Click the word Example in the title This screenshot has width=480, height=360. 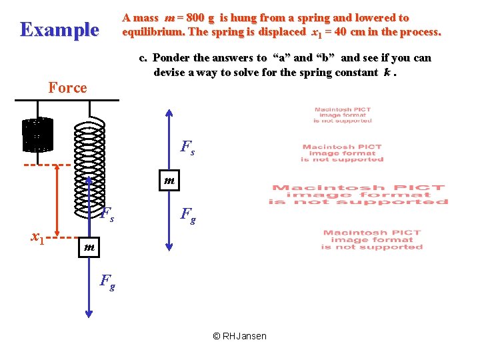pyautogui.click(x=59, y=29)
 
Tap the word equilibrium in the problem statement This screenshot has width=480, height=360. pyautogui.click(x=154, y=32)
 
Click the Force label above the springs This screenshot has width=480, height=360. pyautogui.click(x=67, y=87)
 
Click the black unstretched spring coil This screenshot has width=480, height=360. pyautogui.click(x=37, y=135)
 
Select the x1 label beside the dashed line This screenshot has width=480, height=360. pyautogui.click(x=38, y=235)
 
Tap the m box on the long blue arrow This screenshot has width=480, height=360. pyautogui.click(x=169, y=180)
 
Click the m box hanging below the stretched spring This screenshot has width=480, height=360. pyautogui.click(x=89, y=247)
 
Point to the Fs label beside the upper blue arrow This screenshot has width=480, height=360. pyautogui.click(x=188, y=147)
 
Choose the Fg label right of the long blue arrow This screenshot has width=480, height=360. pyautogui.click(x=189, y=215)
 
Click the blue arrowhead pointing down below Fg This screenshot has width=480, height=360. pyautogui.click(x=89, y=315)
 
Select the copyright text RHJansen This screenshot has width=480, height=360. pyautogui.click(x=239, y=336)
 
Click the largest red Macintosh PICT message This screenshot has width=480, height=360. pyautogui.click(x=358, y=195)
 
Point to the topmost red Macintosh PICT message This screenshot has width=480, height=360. pyautogui.click(x=342, y=115)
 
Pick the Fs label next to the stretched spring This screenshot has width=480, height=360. pyautogui.click(x=107, y=214)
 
